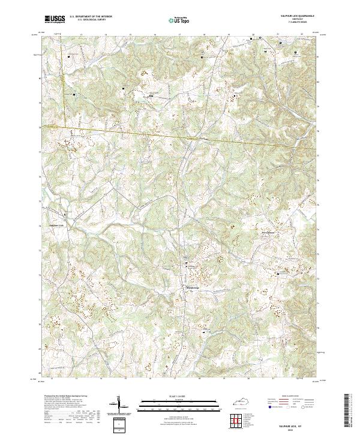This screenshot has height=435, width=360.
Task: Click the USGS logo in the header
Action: click(55, 19)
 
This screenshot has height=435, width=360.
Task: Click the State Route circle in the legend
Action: click(310, 407)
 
